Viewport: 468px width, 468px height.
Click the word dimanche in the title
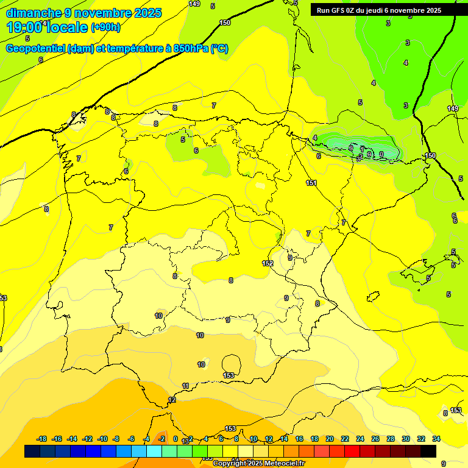(34, 13)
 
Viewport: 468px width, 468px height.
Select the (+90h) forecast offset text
(105, 27)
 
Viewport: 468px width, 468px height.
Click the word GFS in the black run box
(340, 10)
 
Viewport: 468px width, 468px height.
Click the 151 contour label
(311, 183)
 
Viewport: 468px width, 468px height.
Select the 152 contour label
(268, 263)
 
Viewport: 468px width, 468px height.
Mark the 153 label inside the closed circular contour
(229, 375)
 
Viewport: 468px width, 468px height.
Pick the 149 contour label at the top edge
(194, 4)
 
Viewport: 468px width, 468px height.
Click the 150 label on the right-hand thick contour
(430, 156)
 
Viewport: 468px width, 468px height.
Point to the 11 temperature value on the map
(186, 386)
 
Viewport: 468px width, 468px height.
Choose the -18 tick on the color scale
(41, 439)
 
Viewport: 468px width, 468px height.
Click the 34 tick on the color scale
(436, 439)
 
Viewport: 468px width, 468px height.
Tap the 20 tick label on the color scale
(330, 439)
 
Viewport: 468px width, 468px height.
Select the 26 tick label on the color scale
(375, 439)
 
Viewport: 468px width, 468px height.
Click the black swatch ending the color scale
(428, 451)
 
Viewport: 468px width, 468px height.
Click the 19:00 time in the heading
(24, 27)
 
